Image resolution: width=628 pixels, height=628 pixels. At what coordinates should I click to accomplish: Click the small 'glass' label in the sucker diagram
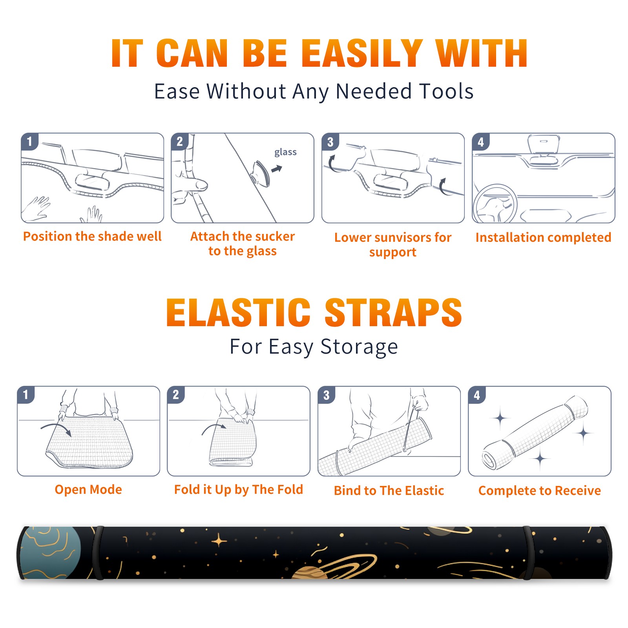coord(285,152)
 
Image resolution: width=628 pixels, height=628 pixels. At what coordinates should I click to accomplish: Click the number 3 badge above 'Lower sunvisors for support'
coord(330,142)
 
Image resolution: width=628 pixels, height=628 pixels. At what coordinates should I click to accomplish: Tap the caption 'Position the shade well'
coord(92,236)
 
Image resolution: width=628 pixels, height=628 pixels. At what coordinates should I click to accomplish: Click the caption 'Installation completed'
coord(543,237)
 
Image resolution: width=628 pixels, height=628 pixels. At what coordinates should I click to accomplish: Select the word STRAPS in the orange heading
coord(393,312)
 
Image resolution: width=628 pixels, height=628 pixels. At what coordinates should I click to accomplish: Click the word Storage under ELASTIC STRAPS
coord(359,347)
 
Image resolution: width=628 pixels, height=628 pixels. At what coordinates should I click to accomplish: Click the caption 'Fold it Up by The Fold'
coord(239,489)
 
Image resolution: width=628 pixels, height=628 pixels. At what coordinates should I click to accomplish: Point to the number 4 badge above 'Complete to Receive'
coord(476,395)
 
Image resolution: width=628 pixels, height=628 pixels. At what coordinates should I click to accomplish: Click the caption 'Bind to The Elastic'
coord(389,491)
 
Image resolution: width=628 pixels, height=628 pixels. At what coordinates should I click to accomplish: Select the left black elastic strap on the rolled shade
coord(98,553)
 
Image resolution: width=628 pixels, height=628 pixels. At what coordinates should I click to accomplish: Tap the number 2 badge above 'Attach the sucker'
coord(180,142)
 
